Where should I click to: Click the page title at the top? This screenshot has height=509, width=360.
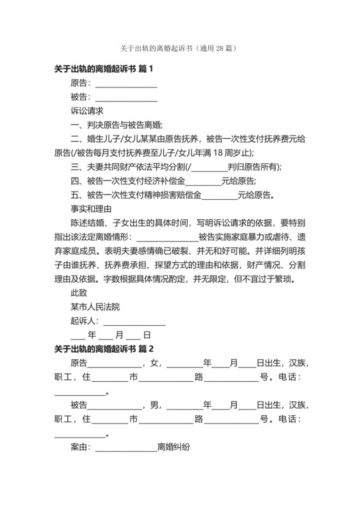coord(179,48)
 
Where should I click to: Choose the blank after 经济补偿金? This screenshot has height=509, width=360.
coord(203,181)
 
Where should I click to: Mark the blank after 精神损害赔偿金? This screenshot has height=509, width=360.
coord(219,195)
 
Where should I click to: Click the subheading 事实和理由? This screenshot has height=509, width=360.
coord(91,209)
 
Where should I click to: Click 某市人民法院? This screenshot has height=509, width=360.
coord(95,307)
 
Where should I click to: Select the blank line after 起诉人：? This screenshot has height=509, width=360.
coord(134,321)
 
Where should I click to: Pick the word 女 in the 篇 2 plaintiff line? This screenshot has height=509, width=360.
coord(155,363)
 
